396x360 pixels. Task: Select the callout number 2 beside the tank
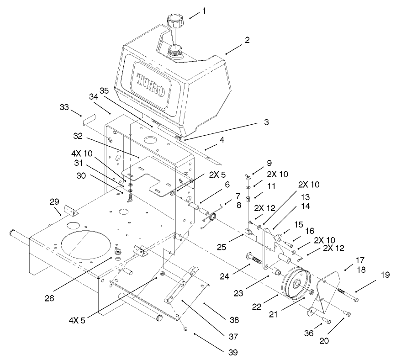coord(247,40)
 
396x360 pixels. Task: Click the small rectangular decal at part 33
coord(88,121)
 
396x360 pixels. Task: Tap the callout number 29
coord(54,201)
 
